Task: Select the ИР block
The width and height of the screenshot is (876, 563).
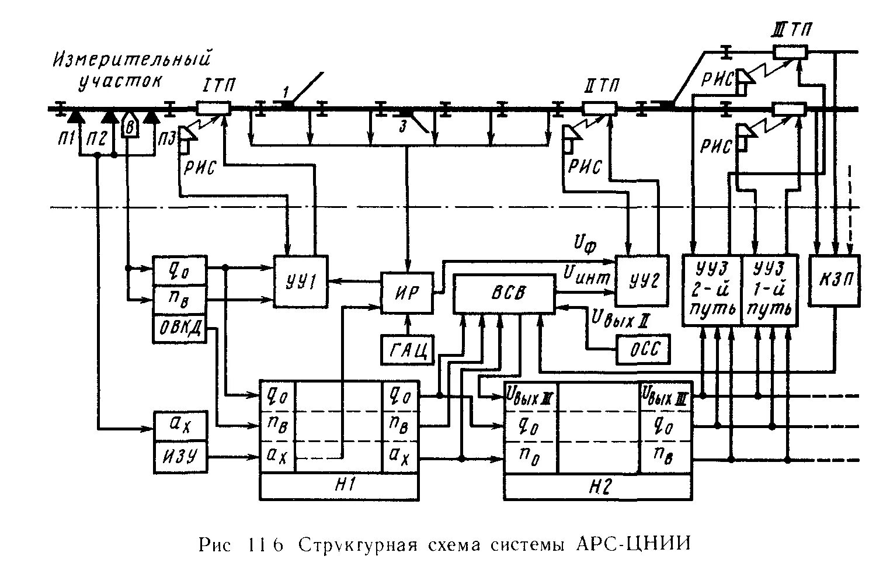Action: (408, 293)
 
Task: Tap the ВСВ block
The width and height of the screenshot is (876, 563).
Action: (504, 293)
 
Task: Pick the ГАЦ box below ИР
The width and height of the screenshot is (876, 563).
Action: (407, 349)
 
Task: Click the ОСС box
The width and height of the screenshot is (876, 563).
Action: (644, 349)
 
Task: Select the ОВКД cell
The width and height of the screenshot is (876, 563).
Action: (179, 329)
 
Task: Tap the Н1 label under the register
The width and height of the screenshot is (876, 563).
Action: (339, 486)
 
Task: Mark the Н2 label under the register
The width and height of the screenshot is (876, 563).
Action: (597, 486)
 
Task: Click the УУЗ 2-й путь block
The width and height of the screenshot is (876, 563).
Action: (712, 290)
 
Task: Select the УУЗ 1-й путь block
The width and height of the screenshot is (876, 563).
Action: (770, 290)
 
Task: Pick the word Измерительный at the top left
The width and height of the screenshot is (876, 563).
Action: (131, 60)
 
